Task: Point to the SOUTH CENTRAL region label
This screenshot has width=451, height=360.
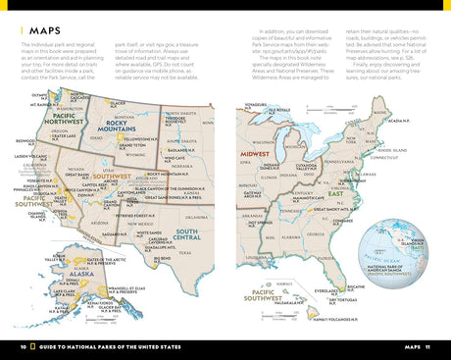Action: tap(188, 235)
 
